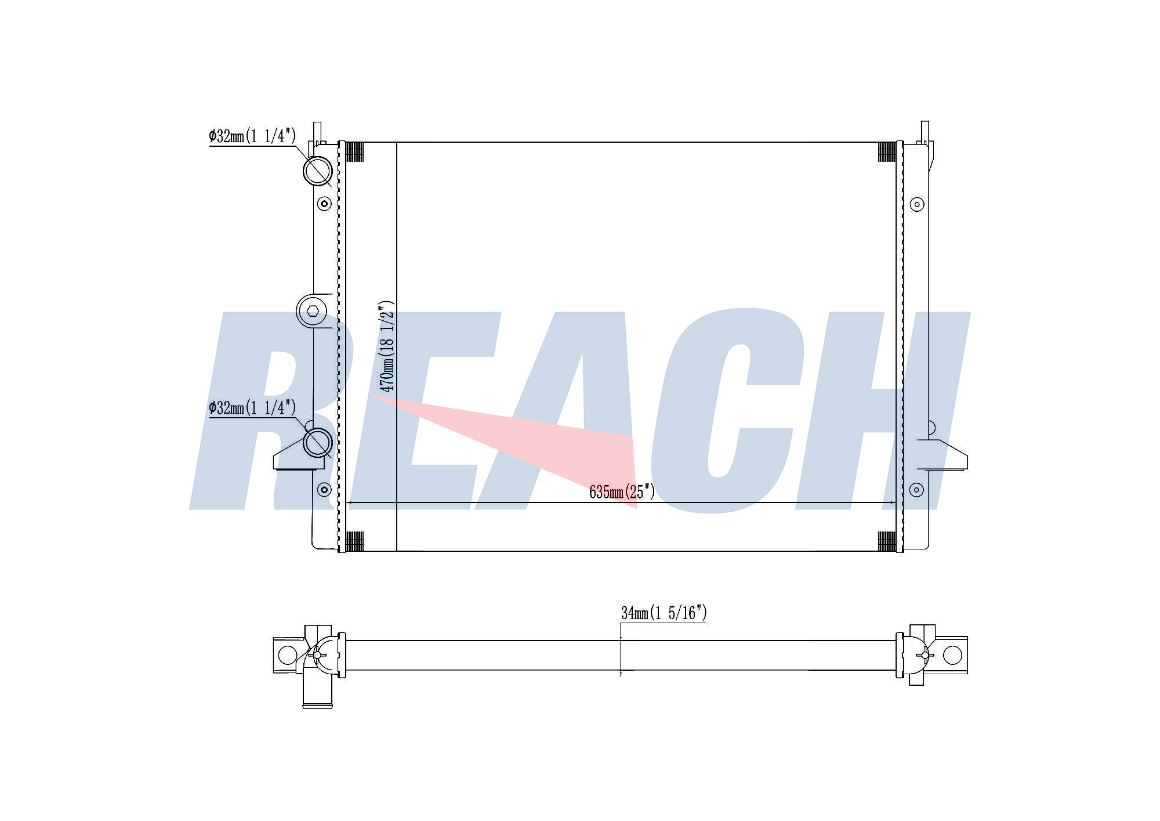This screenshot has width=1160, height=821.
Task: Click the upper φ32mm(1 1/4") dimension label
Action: point(253,136)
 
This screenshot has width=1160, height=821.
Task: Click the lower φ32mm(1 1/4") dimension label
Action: point(253,408)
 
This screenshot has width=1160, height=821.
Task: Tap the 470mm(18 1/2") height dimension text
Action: point(386,346)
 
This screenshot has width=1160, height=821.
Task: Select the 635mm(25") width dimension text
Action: point(622,492)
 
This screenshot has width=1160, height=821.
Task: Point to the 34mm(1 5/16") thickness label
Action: point(664,613)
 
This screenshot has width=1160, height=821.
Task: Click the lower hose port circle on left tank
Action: point(318,443)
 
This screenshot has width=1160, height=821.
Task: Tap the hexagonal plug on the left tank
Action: point(313,311)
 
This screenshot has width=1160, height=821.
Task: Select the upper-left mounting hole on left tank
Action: point(325,204)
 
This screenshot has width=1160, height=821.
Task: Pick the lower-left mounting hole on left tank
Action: point(325,490)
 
